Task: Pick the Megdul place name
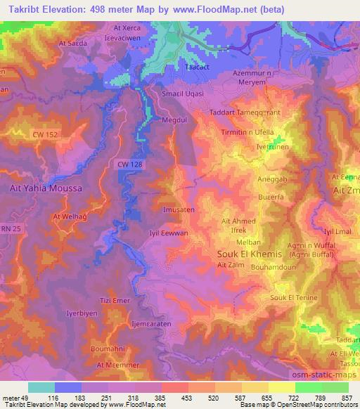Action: point(176,120)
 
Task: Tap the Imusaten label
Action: point(178,209)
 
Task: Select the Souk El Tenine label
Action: point(294,298)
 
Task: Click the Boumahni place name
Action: point(108,349)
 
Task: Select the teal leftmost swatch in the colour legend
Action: point(41,387)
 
